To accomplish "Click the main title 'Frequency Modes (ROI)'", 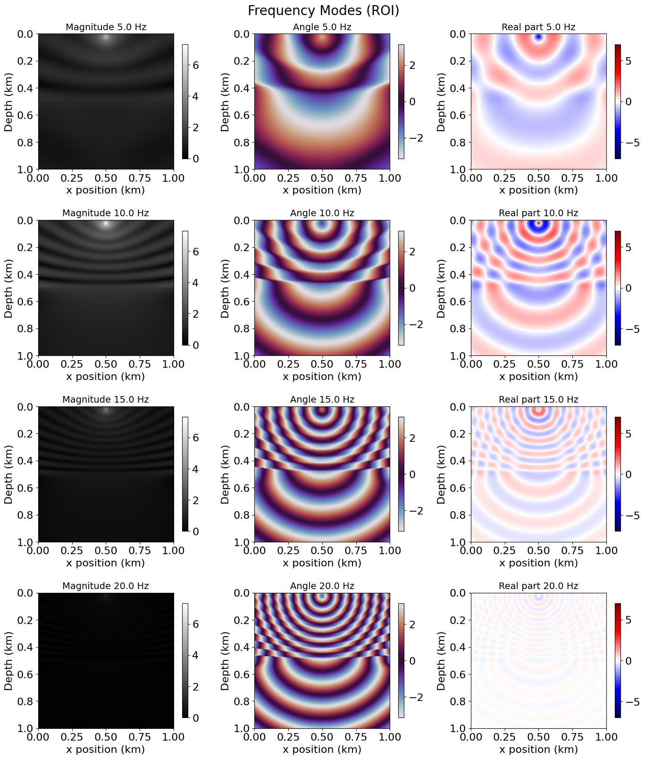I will coord(323,11).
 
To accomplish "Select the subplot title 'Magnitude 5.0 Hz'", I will coord(106,27).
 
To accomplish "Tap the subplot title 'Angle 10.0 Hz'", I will coord(322,213).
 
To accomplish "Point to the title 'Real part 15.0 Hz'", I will coord(538,400).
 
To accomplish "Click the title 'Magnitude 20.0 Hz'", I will coord(106,586).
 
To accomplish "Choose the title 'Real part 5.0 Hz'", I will coord(538,27).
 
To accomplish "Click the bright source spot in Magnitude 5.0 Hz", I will coord(106,37).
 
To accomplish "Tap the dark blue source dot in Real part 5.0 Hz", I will coord(538,37).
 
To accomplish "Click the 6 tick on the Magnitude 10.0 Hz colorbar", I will coord(195,252).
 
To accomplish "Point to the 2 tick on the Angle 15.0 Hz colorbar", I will coord(412,438).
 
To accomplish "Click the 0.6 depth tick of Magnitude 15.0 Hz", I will coord(26,488).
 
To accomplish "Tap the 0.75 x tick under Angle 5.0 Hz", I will coord(356,178).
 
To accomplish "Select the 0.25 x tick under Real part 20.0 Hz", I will coord(504,737).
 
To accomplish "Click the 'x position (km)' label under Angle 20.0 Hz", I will coord(322,750).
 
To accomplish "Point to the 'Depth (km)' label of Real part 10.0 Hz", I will coord(441,288).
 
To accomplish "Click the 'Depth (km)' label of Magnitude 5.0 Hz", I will coord(8,101).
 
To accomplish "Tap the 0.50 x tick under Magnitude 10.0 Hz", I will coord(106,364).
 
